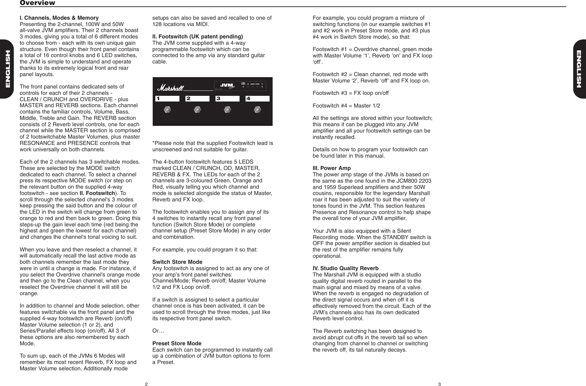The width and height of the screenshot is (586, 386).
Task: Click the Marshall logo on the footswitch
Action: [x=170, y=88]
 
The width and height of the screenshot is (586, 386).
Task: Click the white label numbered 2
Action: [x=197, y=99]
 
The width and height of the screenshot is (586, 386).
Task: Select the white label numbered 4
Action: [x=257, y=99]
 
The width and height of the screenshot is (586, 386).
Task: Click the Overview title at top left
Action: [x=37, y=3]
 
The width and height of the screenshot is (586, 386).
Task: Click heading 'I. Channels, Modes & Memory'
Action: [x=59, y=18]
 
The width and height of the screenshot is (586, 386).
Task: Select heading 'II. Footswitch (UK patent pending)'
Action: [x=197, y=36]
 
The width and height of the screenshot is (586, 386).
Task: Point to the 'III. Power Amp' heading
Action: [x=331, y=168]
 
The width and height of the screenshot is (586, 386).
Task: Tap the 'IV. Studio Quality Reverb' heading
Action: [x=345, y=268]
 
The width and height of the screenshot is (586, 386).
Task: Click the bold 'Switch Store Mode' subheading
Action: [x=177, y=262]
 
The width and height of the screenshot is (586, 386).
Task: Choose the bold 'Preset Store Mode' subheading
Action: [x=177, y=343]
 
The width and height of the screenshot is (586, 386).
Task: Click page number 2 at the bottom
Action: [x=146, y=384]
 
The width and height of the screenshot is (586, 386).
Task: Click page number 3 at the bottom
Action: [x=439, y=384]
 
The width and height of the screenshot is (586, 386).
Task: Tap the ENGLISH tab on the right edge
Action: [x=579, y=69]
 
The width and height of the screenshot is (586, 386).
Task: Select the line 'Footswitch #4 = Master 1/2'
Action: [x=346, y=106]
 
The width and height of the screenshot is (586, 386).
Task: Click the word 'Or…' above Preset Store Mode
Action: [x=158, y=331]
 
